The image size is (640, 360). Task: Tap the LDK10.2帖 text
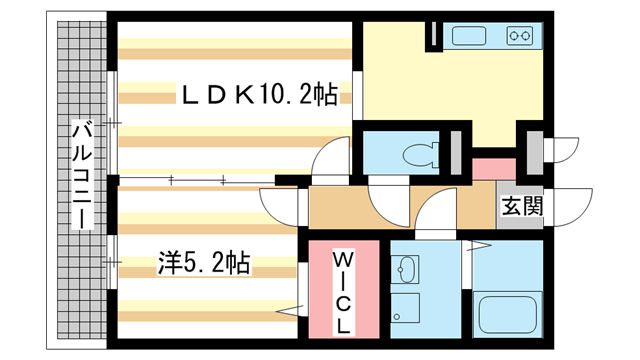pyautogui.click(x=258, y=95)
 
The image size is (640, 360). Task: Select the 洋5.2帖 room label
pyautogui.click(x=202, y=264)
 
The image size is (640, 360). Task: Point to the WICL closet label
pyautogui.click(x=343, y=291)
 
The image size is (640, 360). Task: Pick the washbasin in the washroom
pyautogui.click(x=406, y=269)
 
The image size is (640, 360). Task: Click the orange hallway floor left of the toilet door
pyautogui.click(x=340, y=207)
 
